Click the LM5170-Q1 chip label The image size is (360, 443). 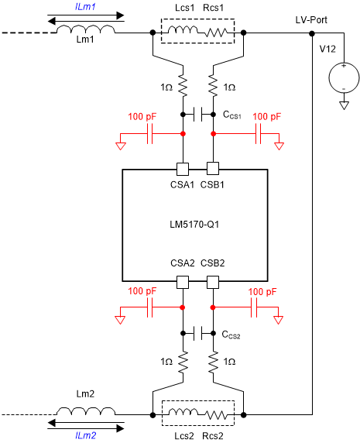point(195,225)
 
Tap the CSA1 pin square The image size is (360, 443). point(183,169)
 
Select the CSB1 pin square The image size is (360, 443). point(213,169)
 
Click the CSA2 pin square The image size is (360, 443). point(183,282)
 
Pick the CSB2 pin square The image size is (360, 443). point(213,282)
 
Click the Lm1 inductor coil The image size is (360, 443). point(87,30)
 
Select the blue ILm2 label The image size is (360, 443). point(87,437)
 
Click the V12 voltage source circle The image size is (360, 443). point(341,77)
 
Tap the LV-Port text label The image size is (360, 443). point(313,18)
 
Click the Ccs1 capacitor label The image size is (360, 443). point(233,115)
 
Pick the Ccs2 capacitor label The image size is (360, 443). point(233,335)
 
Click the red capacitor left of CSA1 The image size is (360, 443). point(152,134)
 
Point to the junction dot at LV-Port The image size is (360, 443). point(312,33)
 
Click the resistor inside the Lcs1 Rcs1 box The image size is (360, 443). point(215,33)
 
